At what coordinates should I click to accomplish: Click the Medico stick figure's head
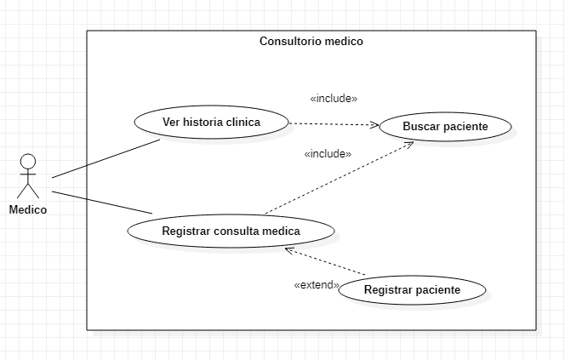tap(28, 161)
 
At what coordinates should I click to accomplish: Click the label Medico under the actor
tap(28, 210)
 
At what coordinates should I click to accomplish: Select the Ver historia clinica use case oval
tap(211, 122)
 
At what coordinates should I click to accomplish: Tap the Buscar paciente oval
tap(445, 127)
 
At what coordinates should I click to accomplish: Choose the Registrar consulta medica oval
tap(230, 230)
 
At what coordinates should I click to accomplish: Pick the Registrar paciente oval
tap(412, 290)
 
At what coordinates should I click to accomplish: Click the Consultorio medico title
tap(311, 41)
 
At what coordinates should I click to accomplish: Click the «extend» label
tap(317, 284)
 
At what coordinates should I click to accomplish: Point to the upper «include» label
tap(334, 99)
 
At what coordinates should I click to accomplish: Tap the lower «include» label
tap(328, 154)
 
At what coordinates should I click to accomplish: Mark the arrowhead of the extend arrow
tap(289, 250)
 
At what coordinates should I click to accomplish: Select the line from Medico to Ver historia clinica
tap(106, 158)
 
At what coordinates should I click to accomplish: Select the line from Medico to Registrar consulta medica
tap(102, 202)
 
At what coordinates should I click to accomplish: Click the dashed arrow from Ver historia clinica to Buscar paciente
tap(332, 124)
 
